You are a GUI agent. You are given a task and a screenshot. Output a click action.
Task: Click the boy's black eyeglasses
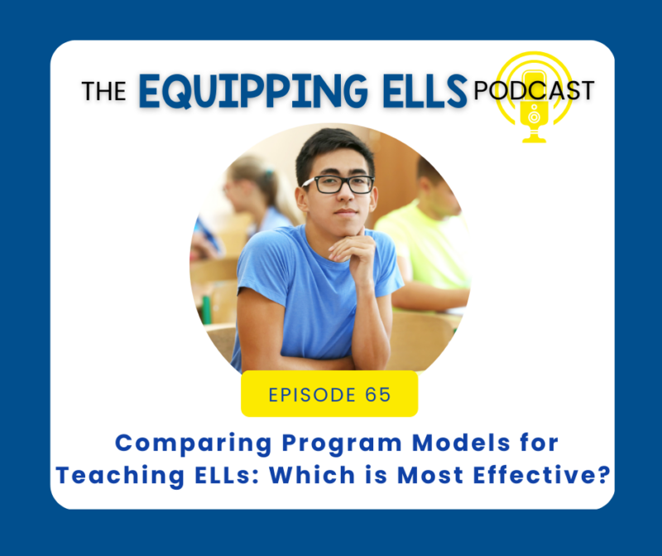tap(338, 184)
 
